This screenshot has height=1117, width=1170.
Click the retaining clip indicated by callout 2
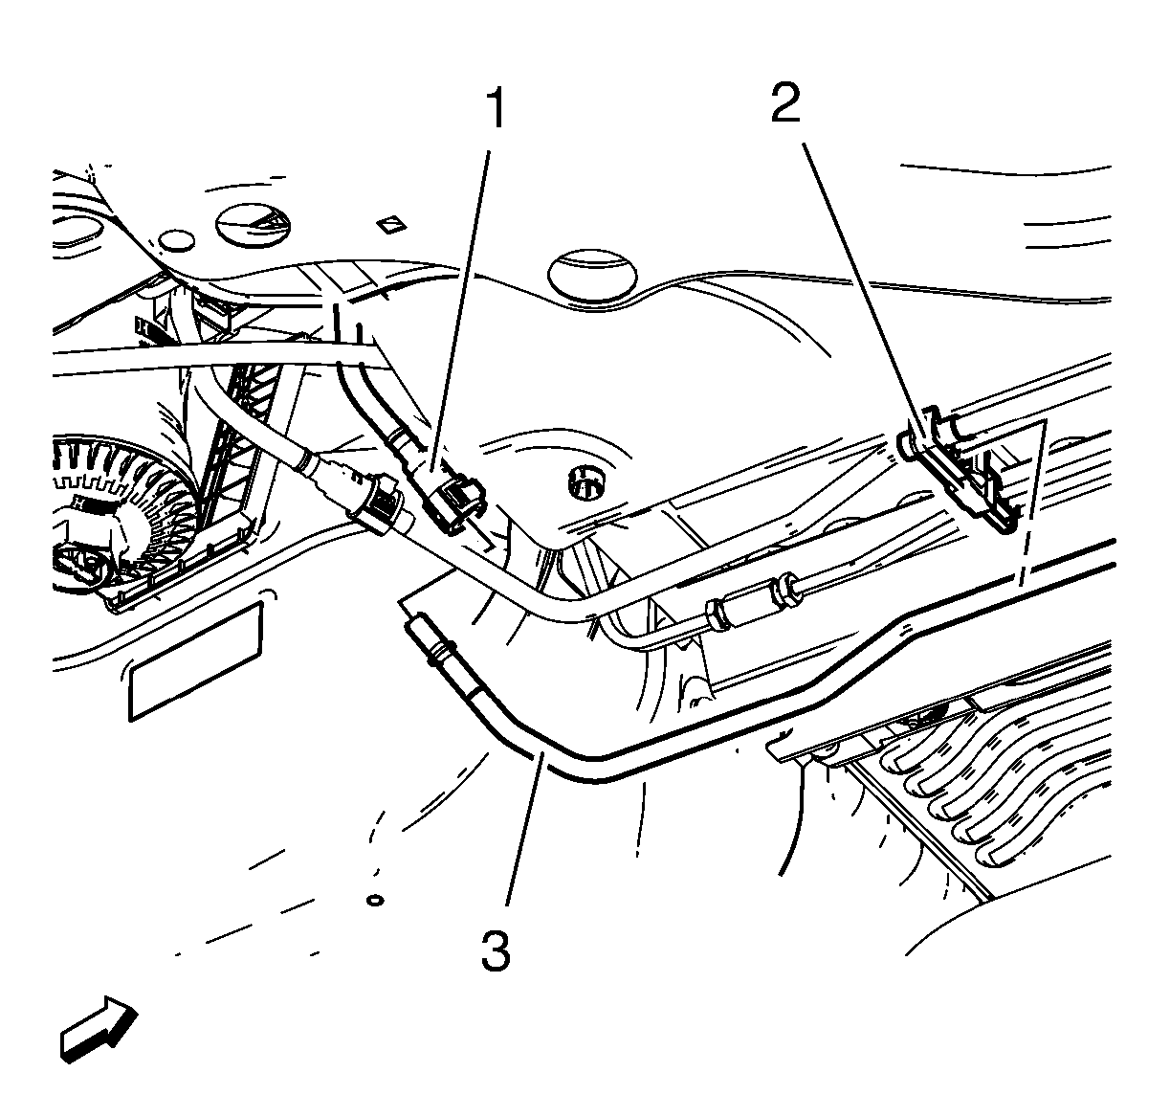[x=959, y=470]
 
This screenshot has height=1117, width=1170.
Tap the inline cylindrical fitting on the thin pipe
[x=751, y=601]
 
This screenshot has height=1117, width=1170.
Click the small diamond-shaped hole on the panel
[x=391, y=225]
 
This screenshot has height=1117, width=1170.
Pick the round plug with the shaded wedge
[x=253, y=225]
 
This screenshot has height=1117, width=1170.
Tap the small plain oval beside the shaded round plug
[x=176, y=240]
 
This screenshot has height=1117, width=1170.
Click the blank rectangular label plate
[x=195, y=660]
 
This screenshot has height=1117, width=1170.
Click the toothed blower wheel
[x=128, y=512]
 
